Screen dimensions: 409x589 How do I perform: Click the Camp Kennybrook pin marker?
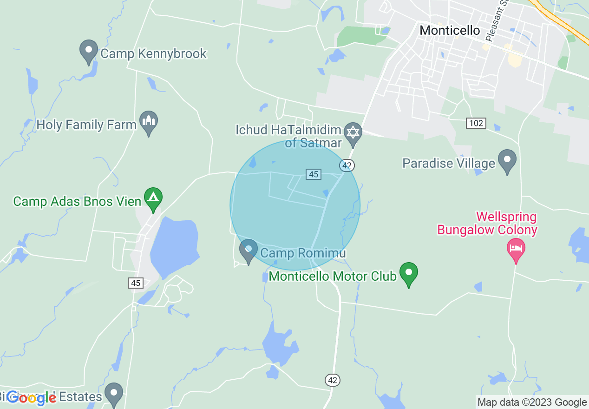click(88, 52)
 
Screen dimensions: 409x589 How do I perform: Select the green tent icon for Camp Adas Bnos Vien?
click(153, 199)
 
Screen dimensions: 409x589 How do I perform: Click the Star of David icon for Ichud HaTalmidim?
click(353, 132)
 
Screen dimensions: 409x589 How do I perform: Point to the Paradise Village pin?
click(507, 161)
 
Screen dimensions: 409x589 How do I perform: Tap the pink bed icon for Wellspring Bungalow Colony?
click(515, 248)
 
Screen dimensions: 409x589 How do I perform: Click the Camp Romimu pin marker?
click(248, 251)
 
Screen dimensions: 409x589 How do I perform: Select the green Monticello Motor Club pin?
click(409, 274)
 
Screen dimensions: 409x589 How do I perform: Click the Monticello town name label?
click(449, 31)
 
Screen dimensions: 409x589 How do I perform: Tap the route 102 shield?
click(476, 123)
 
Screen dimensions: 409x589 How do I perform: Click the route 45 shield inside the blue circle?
click(314, 174)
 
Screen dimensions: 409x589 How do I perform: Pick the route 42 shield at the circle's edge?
click(347, 165)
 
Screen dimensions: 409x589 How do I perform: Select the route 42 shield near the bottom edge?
click(332, 380)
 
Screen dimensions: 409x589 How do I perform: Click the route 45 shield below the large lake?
click(136, 283)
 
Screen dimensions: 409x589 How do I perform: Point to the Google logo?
click(32, 398)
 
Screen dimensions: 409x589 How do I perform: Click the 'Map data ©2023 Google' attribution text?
click(532, 402)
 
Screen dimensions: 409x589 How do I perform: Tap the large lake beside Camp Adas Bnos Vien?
click(174, 246)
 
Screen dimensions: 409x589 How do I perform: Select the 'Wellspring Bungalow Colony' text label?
click(487, 224)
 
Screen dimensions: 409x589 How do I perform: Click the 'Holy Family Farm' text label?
click(86, 125)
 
